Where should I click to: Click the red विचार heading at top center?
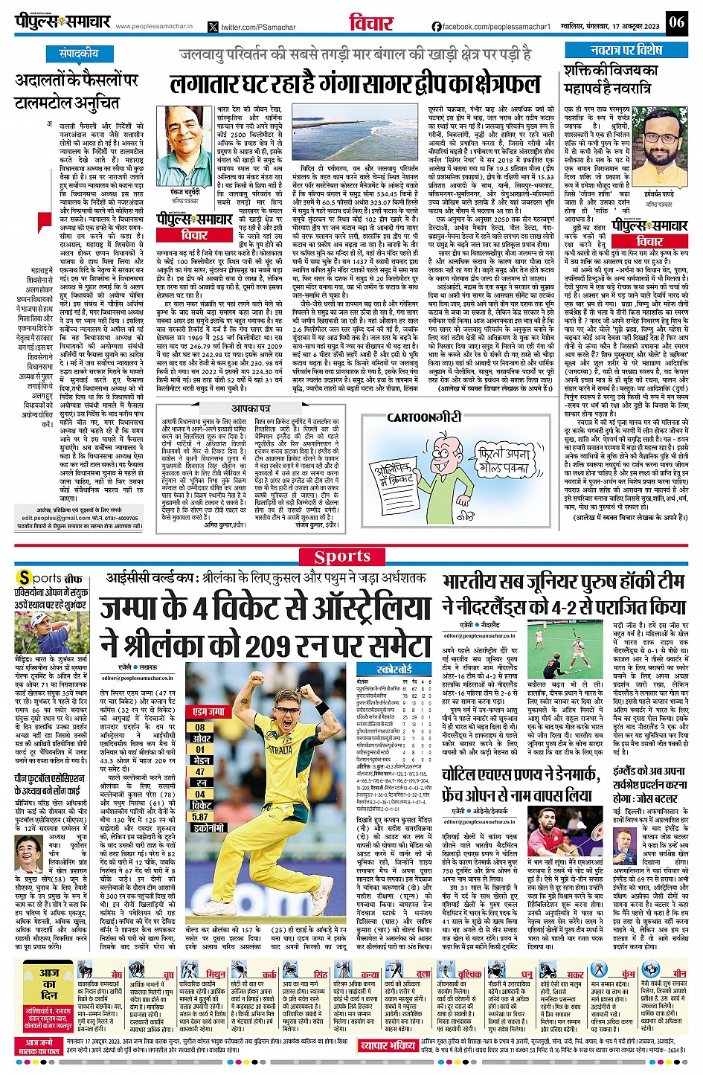[371, 22]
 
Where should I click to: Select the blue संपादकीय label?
[79, 54]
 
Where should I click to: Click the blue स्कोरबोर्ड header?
[394, 670]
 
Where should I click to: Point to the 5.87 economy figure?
[200, 816]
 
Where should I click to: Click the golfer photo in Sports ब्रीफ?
[44, 633]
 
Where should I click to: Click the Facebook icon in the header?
[436, 27]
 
